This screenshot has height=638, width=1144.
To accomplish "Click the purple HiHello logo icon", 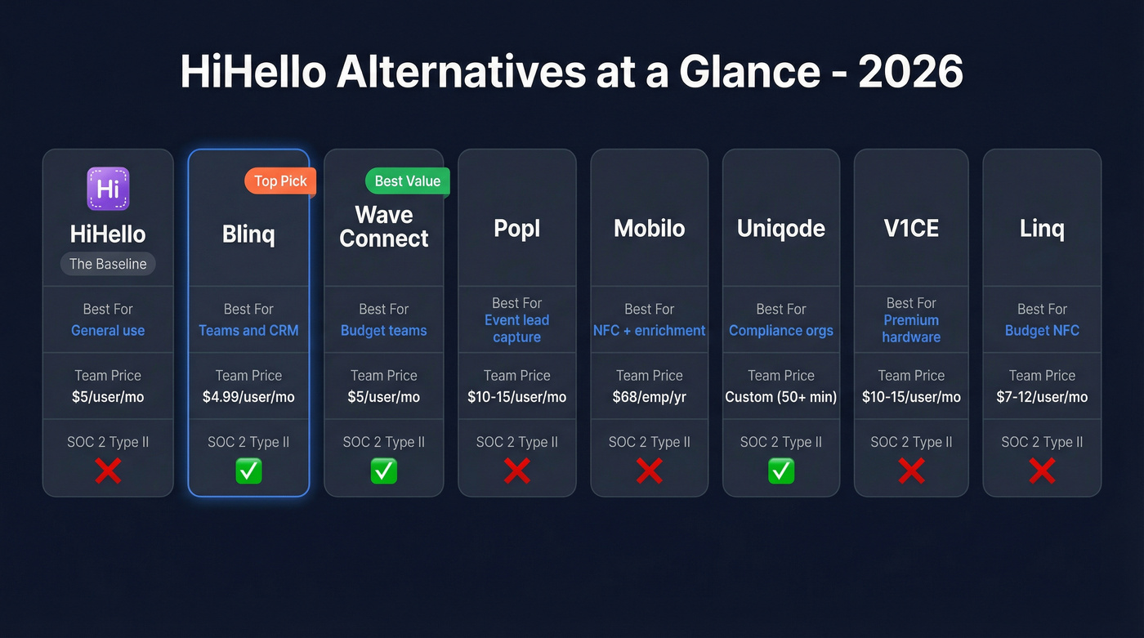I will click(108, 189).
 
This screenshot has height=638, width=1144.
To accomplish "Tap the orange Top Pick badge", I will click(280, 181).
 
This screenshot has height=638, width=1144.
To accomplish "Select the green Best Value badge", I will click(407, 181).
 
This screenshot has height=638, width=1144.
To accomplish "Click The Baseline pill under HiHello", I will click(108, 264).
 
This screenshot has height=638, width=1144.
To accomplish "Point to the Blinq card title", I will click(248, 234).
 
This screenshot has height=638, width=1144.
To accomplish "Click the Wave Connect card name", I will click(384, 227).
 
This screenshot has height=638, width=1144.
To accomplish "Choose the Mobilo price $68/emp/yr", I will click(649, 397).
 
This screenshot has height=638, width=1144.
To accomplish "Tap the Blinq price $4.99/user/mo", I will click(248, 397).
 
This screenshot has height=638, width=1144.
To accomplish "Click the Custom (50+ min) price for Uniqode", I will click(780, 397).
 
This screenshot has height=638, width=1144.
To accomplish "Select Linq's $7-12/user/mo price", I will click(1042, 397).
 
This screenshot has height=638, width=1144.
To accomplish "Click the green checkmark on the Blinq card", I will click(248, 471).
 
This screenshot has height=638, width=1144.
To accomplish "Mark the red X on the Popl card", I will click(516, 471).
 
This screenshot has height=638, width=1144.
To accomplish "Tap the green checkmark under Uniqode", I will click(780, 471).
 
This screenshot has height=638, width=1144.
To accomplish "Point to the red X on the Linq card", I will click(1042, 471).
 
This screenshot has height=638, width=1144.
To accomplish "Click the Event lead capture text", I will click(516, 328).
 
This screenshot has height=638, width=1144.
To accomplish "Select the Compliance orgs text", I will click(780, 331).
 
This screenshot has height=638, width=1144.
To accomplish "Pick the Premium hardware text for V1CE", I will click(911, 328).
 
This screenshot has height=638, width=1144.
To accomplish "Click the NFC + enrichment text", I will click(649, 331).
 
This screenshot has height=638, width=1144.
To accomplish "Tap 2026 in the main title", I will click(910, 72).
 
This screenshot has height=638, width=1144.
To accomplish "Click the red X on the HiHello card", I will click(108, 471).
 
